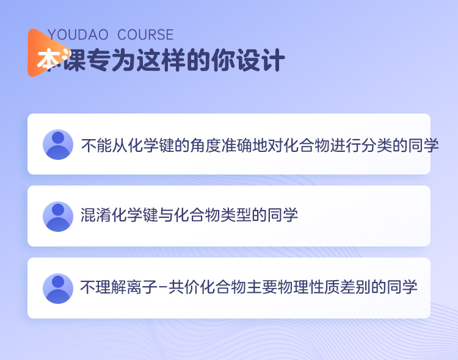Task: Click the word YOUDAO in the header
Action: point(78,35)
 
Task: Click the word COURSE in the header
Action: point(145,35)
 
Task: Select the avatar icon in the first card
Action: point(58,145)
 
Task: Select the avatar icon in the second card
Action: point(58,217)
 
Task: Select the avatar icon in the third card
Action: point(58,289)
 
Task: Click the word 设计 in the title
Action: point(261,60)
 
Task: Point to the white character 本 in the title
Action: point(49,60)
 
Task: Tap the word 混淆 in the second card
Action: point(96,215)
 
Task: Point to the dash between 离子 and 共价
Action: point(164,287)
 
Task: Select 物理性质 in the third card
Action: point(309,287)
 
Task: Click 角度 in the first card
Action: point(206,145)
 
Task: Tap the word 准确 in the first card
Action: point(236,145)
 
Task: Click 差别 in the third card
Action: point(355,287)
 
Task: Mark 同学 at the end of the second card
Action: point(283,215)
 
